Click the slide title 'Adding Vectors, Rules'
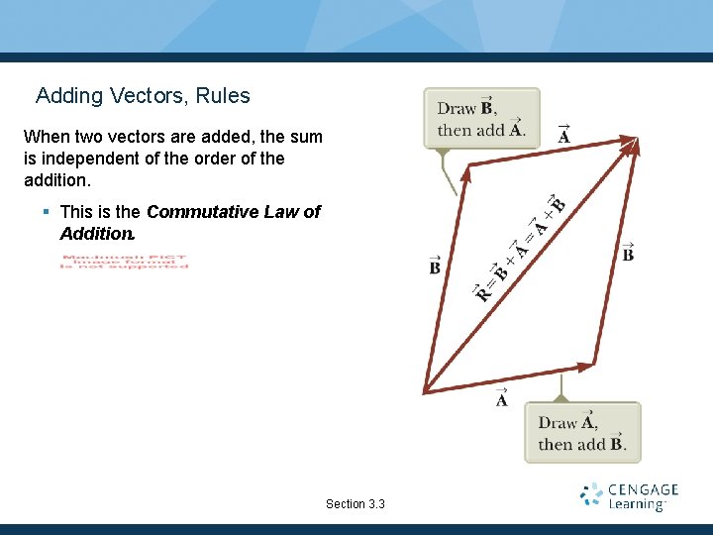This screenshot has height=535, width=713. pos(143,96)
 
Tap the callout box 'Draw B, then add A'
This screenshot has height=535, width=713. pos(481,119)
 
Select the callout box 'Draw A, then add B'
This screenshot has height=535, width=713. pos(582,432)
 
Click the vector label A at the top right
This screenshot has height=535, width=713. pos(563,134)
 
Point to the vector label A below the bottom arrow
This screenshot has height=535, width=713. pos(502,398)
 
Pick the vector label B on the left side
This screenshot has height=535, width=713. pos(435,266)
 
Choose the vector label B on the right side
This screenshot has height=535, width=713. pos(628,253)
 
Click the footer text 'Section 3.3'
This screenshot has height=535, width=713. pos(355,504)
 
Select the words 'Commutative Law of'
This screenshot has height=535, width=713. pos(234,212)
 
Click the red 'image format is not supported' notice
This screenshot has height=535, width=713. pos(124,263)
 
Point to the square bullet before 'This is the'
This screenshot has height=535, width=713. pos(47,212)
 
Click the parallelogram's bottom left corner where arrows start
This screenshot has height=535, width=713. pos(425,389)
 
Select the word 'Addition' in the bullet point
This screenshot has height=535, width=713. pos(95,234)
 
